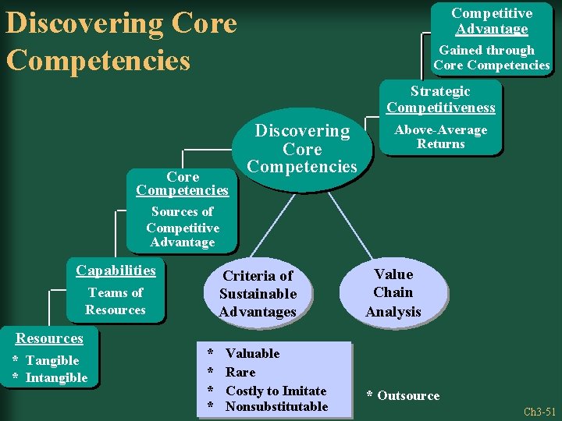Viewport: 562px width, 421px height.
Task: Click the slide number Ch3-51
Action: pos(539,412)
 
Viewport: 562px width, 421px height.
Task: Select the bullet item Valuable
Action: pos(252,353)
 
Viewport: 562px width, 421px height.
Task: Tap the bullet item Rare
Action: pos(240,372)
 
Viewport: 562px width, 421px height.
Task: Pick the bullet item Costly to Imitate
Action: pos(276,390)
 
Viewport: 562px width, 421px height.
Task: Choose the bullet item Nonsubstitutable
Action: pos(276,406)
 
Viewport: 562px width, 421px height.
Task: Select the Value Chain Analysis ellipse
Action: pos(393,293)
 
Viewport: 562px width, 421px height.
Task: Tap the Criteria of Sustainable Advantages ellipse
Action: pos(258,294)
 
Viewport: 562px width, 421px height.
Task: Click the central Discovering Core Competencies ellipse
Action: pos(302,148)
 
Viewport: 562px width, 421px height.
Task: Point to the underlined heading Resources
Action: pos(50,338)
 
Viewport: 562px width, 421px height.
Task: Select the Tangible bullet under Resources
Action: pos(52,360)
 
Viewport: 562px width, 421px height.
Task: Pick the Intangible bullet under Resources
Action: pos(56,378)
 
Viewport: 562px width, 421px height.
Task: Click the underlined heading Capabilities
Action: pos(116,271)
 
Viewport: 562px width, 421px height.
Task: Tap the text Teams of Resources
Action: pos(116,301)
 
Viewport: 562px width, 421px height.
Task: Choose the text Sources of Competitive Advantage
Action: pos(182,227)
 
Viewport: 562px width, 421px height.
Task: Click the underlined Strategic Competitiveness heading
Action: pos(440,99)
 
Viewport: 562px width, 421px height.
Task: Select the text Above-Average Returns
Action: pos(440,136)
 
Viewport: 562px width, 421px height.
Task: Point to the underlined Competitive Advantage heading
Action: pos(492,21)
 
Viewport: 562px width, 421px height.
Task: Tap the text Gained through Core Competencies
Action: pos(492,58)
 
